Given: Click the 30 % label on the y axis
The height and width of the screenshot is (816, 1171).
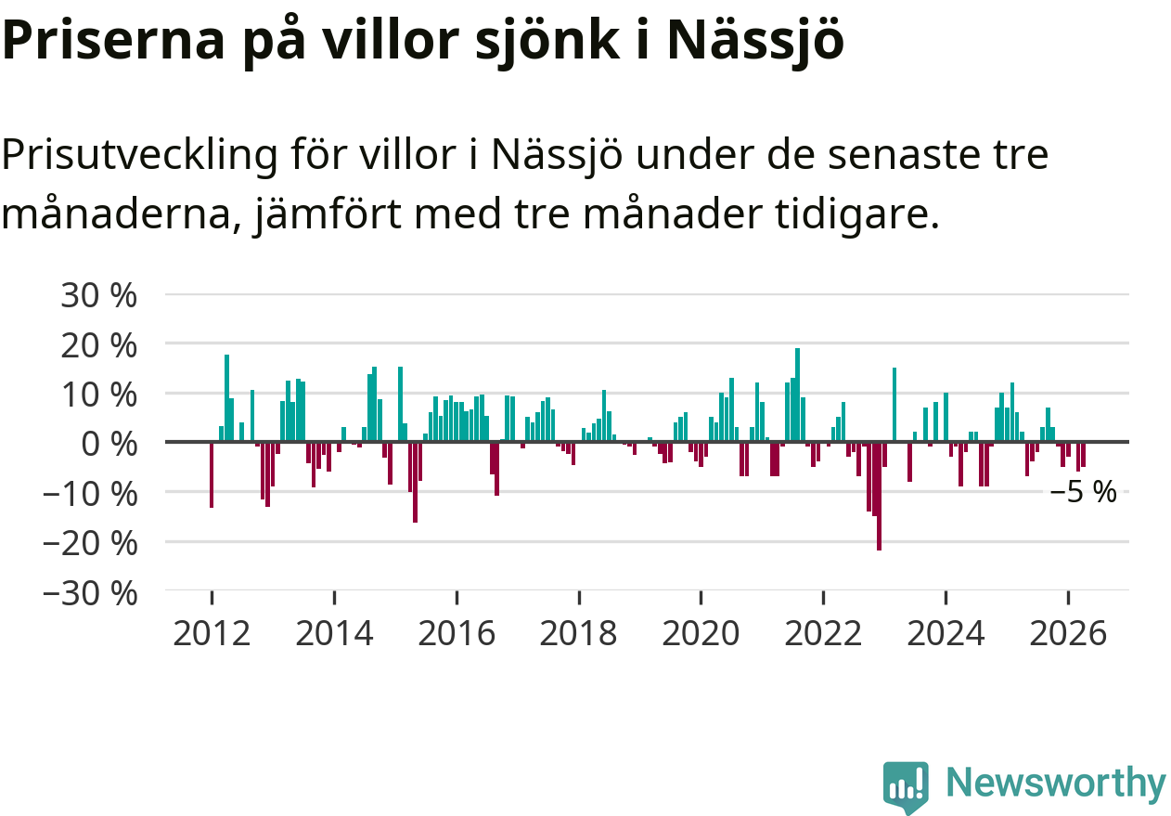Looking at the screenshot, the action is [x=98, y=295].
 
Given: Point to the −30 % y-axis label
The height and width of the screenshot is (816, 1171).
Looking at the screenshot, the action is [x=90, y=594].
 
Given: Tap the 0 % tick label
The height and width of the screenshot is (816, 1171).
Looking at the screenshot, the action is [x=109, y=445].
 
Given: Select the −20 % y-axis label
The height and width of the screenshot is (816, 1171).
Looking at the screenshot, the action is [x=90, y=544].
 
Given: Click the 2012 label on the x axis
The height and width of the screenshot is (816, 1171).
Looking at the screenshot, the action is [x=212, y=633].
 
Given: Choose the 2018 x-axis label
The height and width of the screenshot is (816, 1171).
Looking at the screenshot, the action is [x=579, y=633].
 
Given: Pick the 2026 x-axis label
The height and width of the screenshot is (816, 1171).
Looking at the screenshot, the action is [x=1068, y=633].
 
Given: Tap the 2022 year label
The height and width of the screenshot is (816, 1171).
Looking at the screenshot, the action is [x=823, y=633].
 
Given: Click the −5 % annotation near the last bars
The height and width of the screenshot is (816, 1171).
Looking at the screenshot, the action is [x=1083, y=492].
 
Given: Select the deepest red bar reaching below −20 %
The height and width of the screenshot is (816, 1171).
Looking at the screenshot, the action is [x=880, y=496].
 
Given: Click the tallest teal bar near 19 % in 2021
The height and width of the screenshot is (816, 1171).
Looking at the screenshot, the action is [x=798, y=395].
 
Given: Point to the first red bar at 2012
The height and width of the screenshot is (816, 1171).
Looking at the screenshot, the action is [x=212, y=475].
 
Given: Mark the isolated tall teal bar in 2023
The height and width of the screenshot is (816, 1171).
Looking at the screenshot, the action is [x=894, y=405].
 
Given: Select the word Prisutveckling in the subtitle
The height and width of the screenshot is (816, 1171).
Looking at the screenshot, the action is [x=139, y=155].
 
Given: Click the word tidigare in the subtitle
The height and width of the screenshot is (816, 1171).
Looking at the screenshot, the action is [x=857, y=214].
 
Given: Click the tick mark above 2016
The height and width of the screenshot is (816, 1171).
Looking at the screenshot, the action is [x=457, y=597].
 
